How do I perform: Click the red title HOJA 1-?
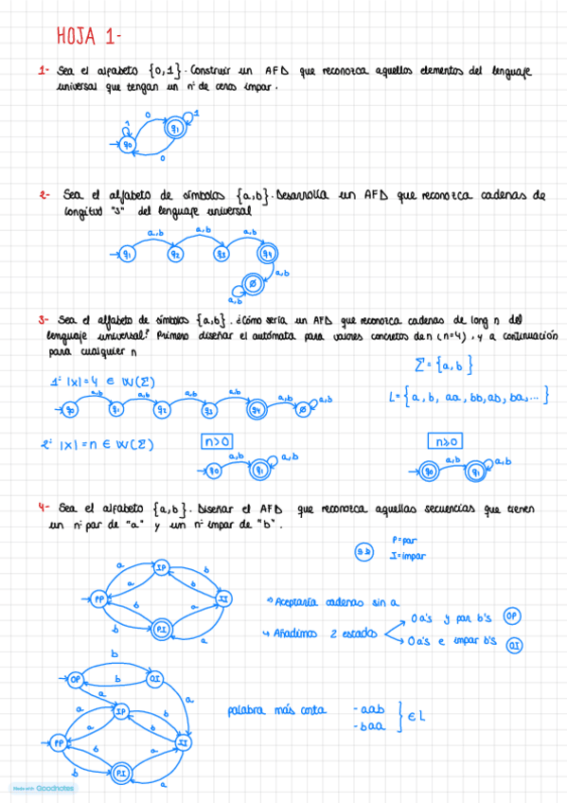[x=88, y=36]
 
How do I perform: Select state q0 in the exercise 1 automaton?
[x=130, y=145]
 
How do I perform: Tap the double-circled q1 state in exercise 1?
[x=174, y=127]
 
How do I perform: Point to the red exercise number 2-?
[x=44, y=196]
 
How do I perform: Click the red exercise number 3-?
[x=44, y=320]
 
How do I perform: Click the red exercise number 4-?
[x=44, y=508]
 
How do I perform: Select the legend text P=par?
[x=403, y=540]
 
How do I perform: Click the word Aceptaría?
[x=301, y=600]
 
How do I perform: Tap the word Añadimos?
[x=301, y=632]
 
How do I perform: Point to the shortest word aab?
[x=367, y=708]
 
